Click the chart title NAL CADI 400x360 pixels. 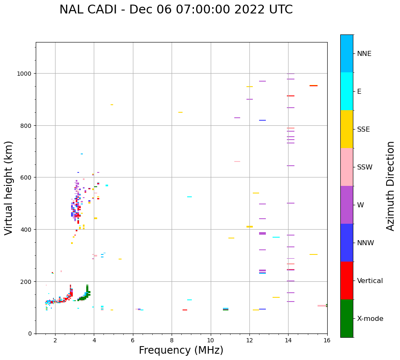point(176,10)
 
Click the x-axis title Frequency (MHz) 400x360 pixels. point(181,350)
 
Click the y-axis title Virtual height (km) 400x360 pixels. point(9,188)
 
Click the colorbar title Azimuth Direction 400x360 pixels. point(391,186)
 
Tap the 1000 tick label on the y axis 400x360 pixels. point(24,74)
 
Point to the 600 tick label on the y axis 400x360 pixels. point(26,177)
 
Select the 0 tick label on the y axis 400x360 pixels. point(29,334)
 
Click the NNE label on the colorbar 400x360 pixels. point(364,53)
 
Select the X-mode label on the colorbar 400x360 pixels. point(370,318)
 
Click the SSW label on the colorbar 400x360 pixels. point(365,167)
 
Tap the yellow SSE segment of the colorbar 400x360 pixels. point(347,129)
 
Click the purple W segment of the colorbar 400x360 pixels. point(347,205)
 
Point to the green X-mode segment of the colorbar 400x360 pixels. point(347,318)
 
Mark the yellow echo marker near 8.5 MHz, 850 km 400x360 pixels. point(180,112)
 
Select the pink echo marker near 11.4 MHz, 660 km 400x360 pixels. point(237,161)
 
